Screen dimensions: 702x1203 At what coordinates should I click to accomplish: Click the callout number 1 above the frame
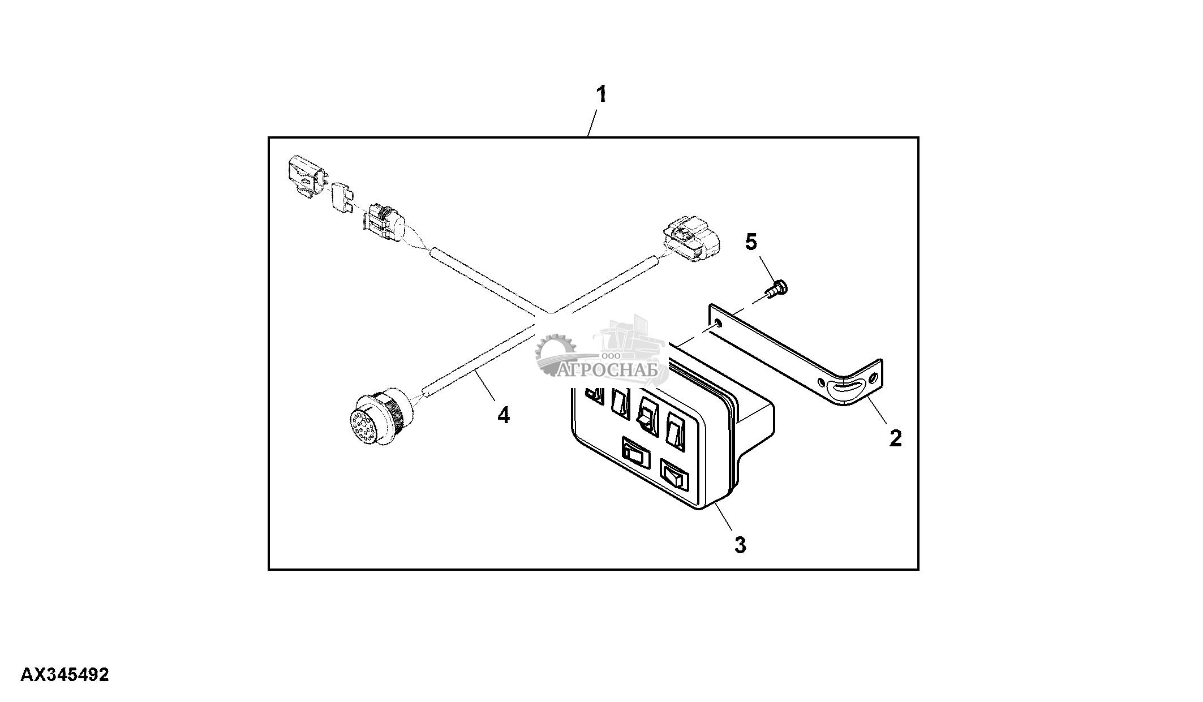tap(601, 94)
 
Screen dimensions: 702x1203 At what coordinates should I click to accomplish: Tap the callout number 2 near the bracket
tap(895, 437)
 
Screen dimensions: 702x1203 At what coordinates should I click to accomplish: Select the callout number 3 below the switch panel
tap(740, 545)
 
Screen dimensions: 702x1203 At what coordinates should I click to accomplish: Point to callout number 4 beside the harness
tap(503, 416)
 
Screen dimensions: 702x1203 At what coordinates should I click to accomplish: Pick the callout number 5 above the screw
tap(750, 242)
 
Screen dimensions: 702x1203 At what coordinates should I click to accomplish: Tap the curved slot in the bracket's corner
tap(844, 389)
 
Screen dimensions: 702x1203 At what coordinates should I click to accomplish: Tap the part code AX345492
tap(65, 675)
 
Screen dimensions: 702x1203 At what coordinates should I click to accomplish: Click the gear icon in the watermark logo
tap(554, 354)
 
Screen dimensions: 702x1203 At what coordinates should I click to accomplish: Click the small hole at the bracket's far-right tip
tap(874, 377)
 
